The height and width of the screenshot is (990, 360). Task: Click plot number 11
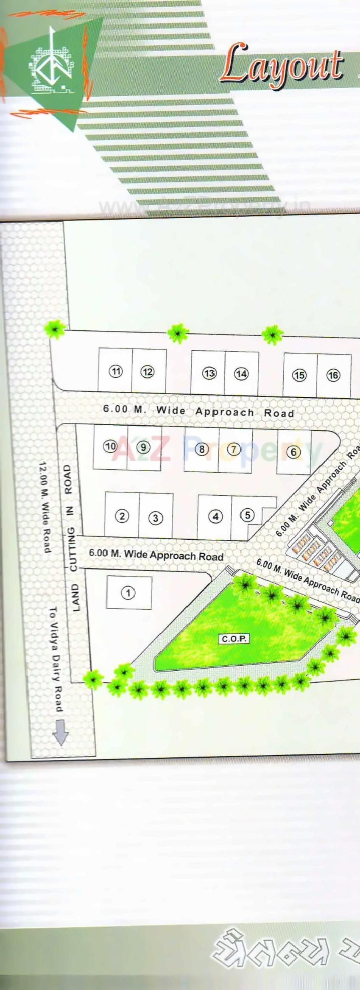[x=115, y=371]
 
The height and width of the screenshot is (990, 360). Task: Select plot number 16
[x=333, y=375]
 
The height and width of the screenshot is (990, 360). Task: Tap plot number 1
[x=128, y=592]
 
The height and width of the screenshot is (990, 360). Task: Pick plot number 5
[x=247, y=515]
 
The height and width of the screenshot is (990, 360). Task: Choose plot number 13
[x=209, y=373]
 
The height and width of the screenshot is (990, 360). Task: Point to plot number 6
[x=293, y=452]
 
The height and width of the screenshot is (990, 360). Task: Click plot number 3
[x=156, y=518]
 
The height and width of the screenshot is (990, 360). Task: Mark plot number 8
[x=202, y=449]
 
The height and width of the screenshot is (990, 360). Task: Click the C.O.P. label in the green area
[x=234, y=639]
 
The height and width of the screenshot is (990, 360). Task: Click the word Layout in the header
[x=282, y=66]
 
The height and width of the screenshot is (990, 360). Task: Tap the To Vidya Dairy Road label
[x=56, y=659]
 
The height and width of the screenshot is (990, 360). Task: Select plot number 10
[x=110, y=446]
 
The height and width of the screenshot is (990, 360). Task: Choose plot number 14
[x=241, y=374]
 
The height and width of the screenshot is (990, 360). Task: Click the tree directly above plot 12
[x=178, y=333]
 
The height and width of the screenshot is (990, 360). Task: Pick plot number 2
[x=122, y=516]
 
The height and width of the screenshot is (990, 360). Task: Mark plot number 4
[x=215, y=516]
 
